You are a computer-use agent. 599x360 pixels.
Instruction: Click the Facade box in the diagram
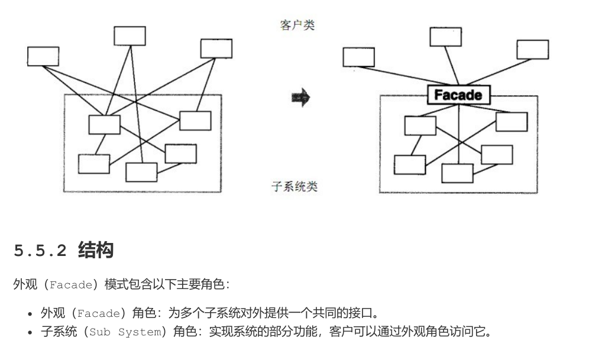point(458,95)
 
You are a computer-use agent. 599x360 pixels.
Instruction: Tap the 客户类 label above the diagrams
point(297,25)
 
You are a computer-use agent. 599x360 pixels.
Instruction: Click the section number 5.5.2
point(40,251)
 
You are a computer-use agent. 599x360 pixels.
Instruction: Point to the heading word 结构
point(95,251)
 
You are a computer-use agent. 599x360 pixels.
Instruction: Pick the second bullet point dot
point(30,332)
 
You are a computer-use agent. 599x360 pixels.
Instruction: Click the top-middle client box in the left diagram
point(129,35)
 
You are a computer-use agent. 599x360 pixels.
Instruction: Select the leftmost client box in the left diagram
point(43,56)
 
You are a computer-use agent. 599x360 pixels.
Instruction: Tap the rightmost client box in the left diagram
point(216,48)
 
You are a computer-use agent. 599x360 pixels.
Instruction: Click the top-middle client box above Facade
point(445,37)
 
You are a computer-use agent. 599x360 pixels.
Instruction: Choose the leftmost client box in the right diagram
point(359,57)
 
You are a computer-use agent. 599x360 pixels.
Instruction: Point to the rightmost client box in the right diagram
point(532,50)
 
